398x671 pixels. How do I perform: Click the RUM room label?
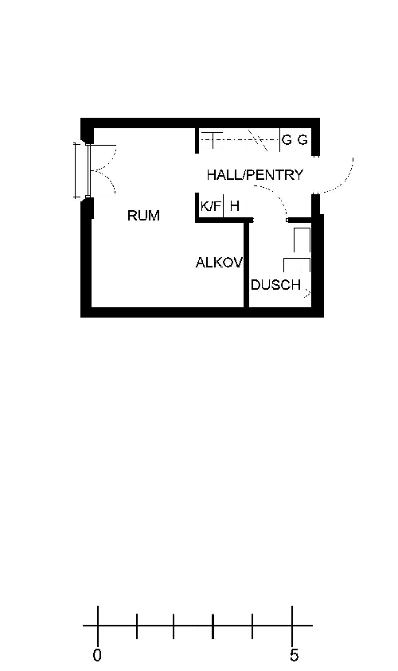143,215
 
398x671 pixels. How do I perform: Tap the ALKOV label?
219,263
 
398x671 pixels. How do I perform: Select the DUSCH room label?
276,285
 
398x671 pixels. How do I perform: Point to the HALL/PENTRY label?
255,175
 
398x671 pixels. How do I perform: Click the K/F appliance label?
211,206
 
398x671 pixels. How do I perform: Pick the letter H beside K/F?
235,206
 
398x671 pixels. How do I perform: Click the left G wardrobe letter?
287,140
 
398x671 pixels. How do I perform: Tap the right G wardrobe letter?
302,140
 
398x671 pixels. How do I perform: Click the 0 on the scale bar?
98,655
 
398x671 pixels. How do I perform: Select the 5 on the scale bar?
294,655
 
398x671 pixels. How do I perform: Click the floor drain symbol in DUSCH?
307,294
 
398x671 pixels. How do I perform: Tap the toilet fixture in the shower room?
302,240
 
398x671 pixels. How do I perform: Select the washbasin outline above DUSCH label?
297,265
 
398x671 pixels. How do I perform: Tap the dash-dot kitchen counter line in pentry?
240,139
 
